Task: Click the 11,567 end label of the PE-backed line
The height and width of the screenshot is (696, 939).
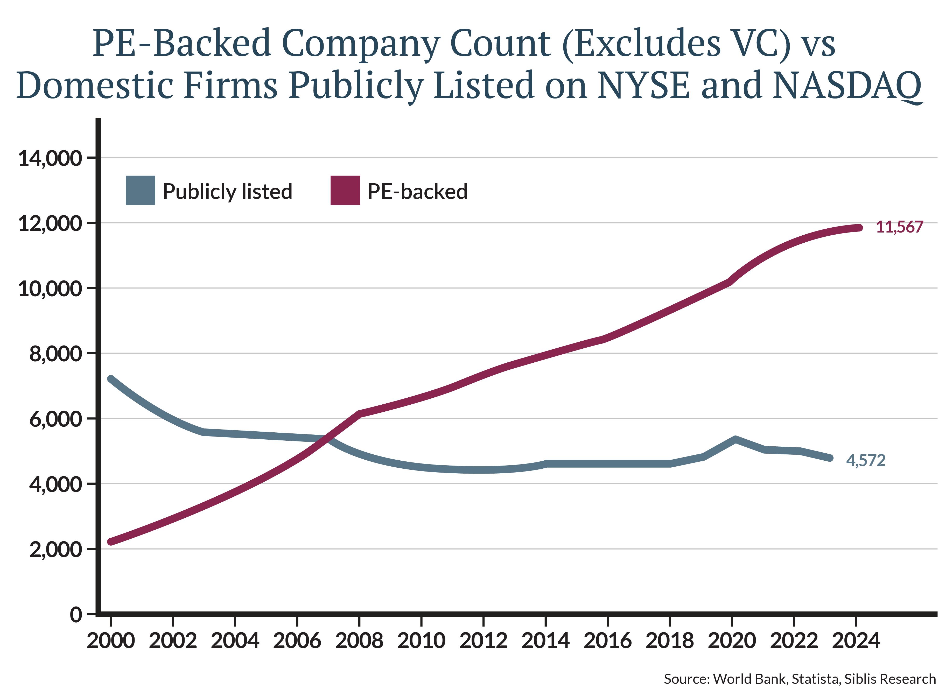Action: (x=899, y=227)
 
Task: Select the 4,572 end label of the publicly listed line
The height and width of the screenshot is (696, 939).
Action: (x=865, y=460)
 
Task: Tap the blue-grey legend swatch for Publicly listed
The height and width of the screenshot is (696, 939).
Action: (x=140, y=191)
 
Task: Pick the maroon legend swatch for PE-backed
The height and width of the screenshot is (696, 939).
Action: (x=345, y=191)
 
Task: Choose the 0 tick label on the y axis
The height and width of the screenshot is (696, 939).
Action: (x=76, y=615)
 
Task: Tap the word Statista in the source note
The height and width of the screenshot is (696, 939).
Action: (x=815, y=679)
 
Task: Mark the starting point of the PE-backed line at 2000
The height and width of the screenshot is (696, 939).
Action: (x=111, y=542)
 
